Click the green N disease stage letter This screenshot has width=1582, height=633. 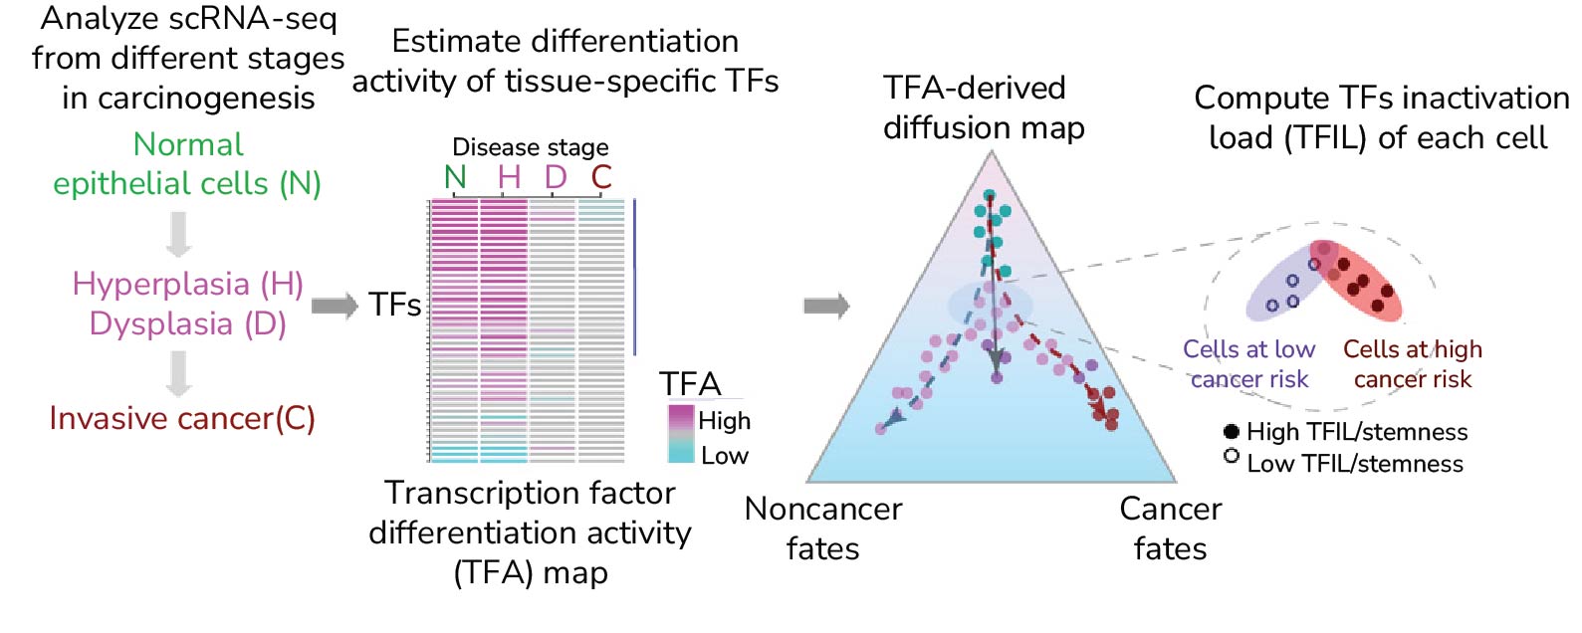[455, 177]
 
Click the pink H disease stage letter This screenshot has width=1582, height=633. [509, 177]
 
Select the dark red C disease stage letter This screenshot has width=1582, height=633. [600, 177]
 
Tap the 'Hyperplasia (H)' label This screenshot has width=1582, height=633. [187, 284]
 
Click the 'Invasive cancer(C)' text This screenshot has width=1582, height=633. [182, 418]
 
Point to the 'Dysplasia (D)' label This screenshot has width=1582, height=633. [187, 323]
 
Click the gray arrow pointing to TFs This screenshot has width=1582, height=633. [335, 305]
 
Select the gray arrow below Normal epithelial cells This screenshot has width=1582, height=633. [178, 235]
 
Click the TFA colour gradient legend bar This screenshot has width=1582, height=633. [681, 434]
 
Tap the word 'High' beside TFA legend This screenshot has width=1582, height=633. [724, 421]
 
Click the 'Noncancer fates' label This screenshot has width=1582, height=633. [822, 528]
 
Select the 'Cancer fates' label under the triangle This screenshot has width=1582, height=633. [1170, 528]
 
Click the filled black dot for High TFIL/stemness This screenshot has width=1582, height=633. [1232, 431]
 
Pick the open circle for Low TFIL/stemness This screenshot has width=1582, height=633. [1232, 456]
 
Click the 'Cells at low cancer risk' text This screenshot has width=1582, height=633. [1248, 363]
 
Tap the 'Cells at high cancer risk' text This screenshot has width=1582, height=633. [1412, 363]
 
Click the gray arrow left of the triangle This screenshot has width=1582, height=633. [826, 305]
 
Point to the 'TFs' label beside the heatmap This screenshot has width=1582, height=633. [394, 305]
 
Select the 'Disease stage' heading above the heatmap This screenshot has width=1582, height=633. [530, 147]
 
